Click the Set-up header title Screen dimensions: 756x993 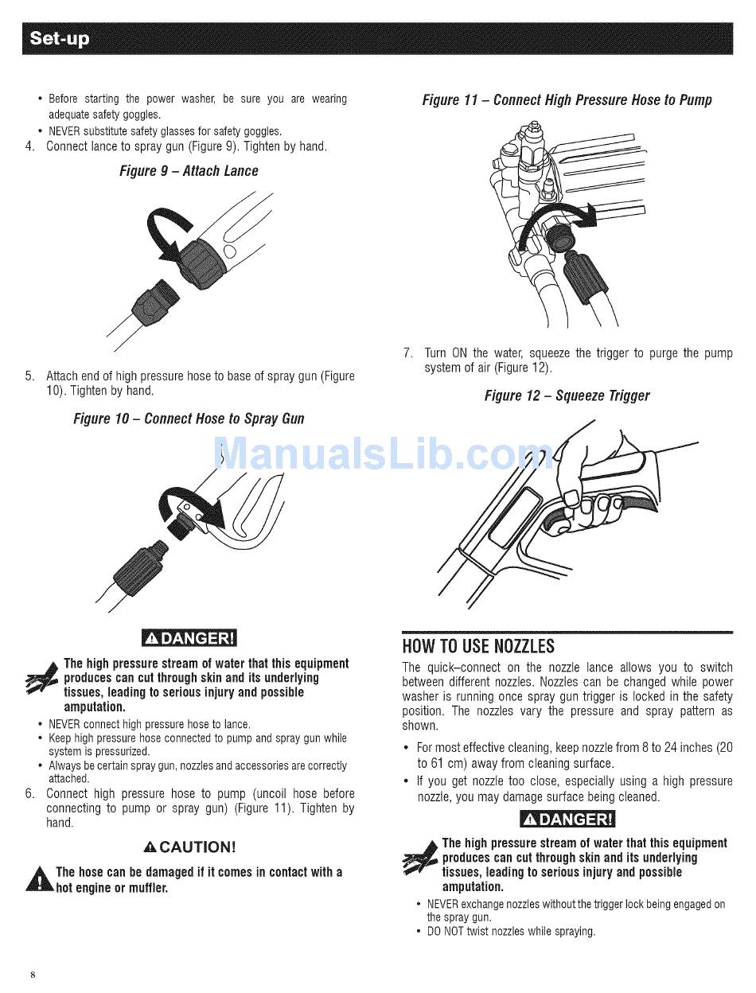point(59,38)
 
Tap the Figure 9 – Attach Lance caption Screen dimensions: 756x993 point(189,171)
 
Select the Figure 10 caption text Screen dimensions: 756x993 point(189,419)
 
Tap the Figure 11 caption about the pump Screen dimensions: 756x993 point(567,100)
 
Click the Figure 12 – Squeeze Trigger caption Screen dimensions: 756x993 point(567,395)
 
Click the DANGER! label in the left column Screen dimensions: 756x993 point(189,638)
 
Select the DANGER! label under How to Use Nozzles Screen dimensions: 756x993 point(567,820)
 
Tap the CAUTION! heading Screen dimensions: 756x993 point(189,847)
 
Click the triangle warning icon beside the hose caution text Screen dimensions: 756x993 point(40,879)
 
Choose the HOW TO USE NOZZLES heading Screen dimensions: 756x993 point(478,646)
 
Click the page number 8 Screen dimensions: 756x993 point(33,975)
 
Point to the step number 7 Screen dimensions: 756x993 point(407,352)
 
